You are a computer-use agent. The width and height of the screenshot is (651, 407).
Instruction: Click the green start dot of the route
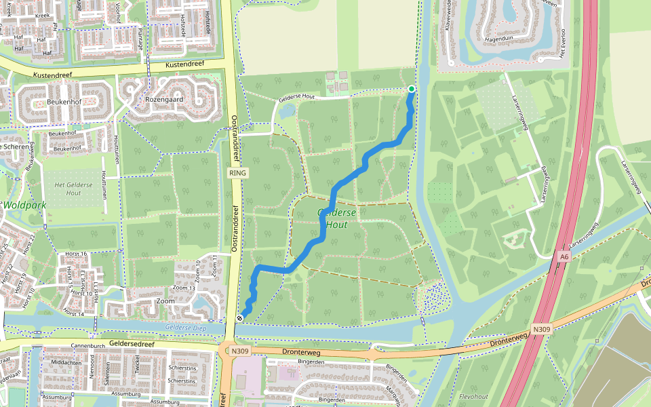(x=411, y=89)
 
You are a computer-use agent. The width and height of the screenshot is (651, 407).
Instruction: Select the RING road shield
(x=239, y=173)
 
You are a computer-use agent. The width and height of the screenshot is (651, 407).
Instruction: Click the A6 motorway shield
(x=564, y=256)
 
